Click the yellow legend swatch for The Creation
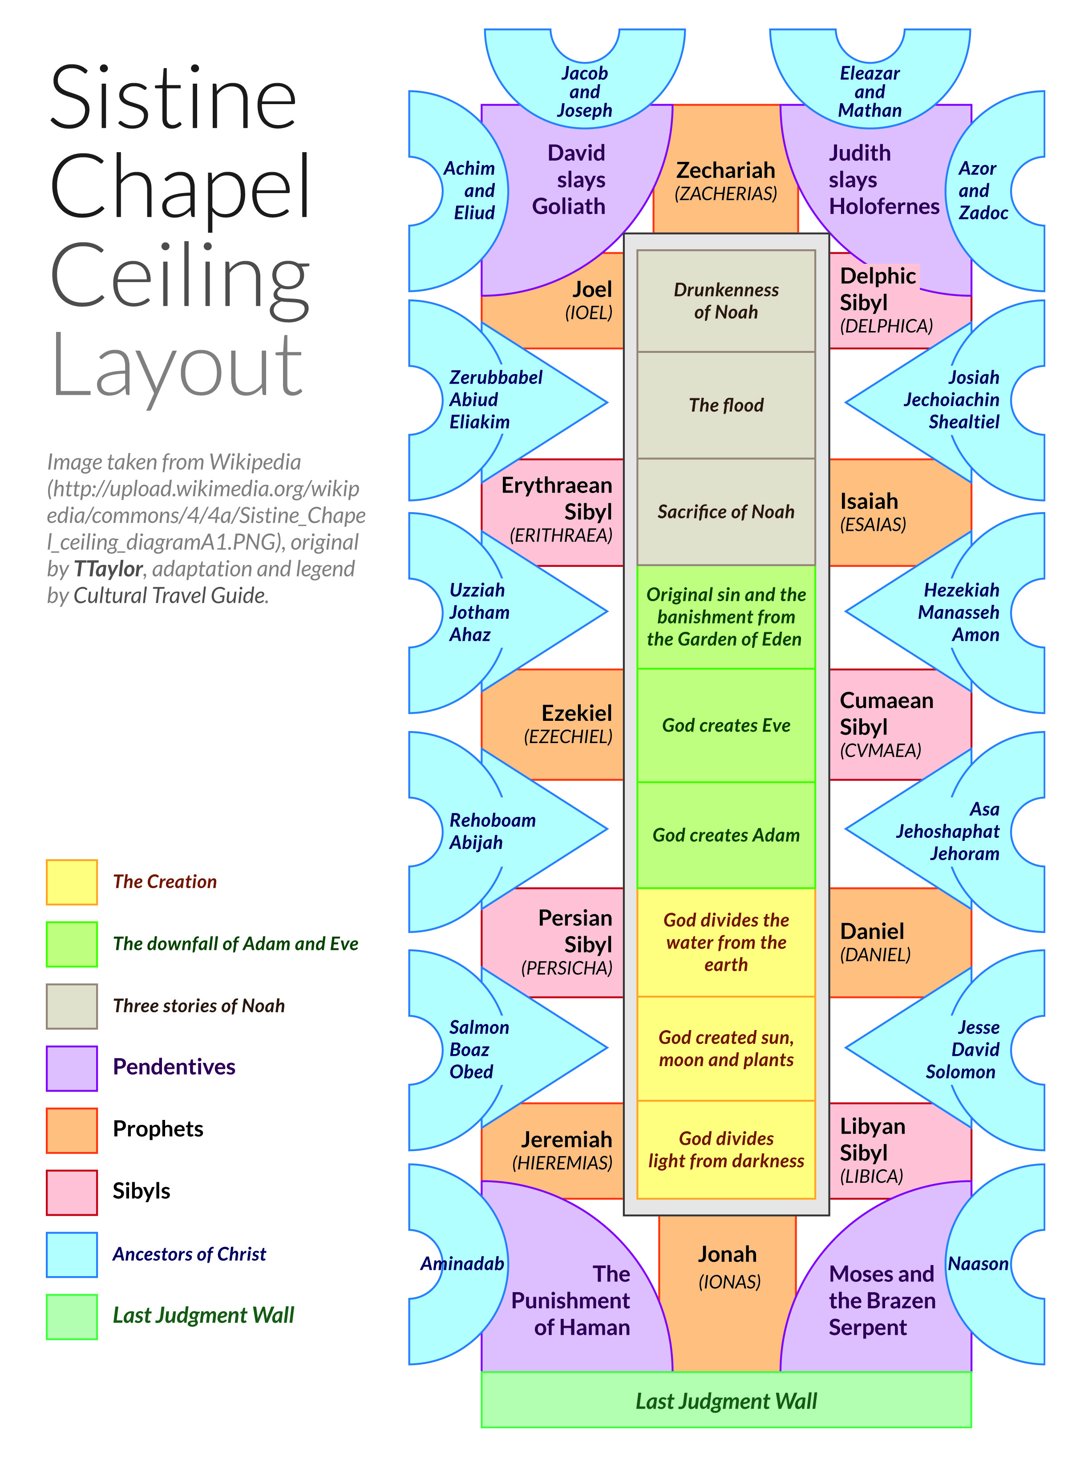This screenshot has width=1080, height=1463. coord(72,882)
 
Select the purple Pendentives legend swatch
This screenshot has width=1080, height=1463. coord(72,1068)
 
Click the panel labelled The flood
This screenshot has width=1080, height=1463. coord(726,405)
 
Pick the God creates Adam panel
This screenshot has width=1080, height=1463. coord(726,835)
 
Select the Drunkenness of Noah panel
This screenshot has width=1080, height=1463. coord(726,301)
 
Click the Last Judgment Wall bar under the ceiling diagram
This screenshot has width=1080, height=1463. coord(726,1400)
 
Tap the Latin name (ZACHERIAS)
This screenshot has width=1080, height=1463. coord(726,194)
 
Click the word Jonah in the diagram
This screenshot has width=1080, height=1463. coord(727,1254)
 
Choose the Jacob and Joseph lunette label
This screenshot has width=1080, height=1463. coord(584,92)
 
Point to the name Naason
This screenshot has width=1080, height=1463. coord(978,1264)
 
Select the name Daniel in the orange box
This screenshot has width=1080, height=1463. coord(872,931)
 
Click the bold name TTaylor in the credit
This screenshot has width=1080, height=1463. coord(108,569)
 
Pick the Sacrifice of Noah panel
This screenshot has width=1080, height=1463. coord(726,512)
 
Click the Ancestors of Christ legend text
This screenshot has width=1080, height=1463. coord(190,1254)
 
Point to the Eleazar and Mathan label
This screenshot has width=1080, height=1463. coord(870,92)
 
